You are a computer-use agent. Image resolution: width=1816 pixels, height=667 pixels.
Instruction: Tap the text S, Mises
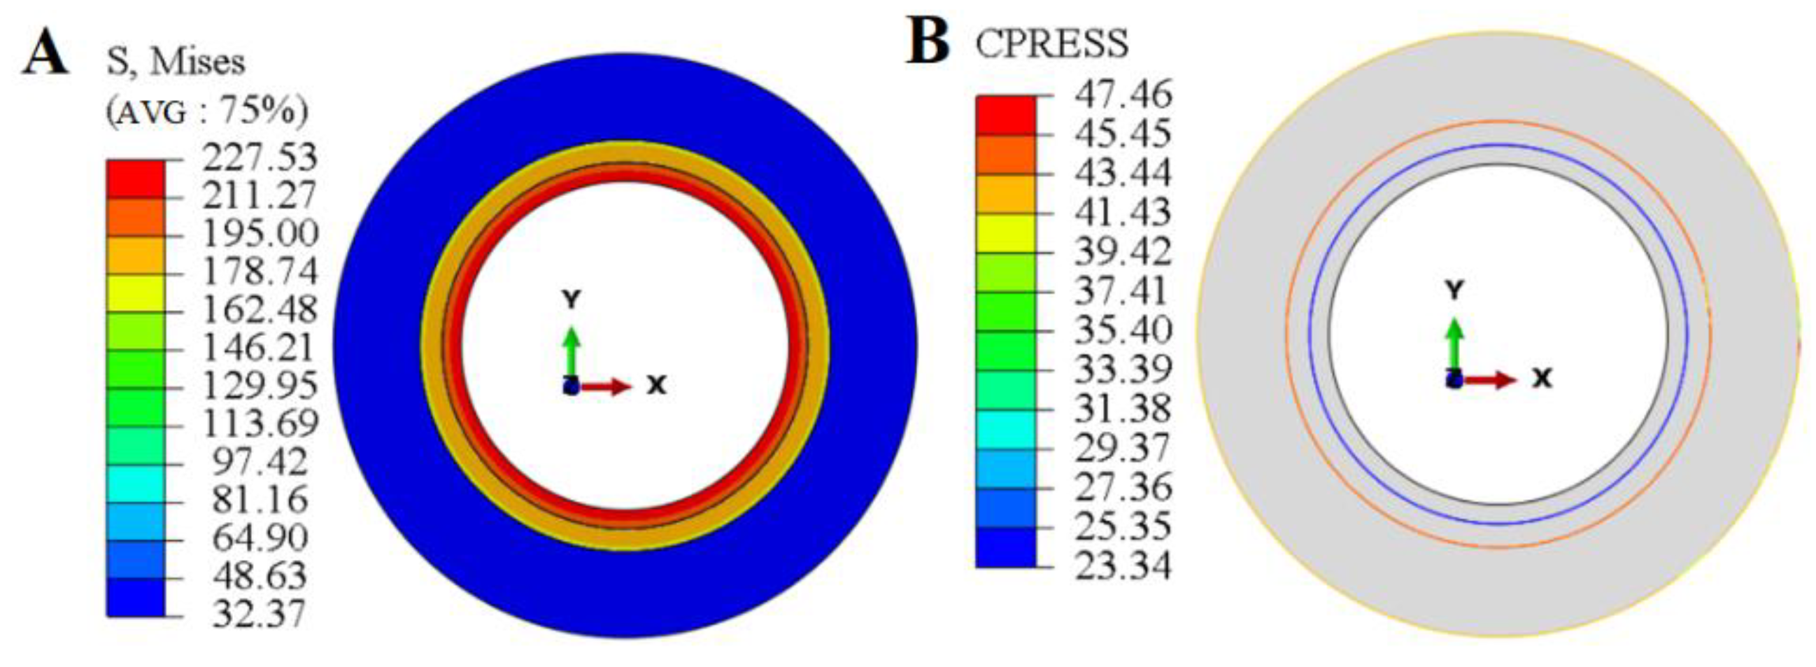coord(175,63)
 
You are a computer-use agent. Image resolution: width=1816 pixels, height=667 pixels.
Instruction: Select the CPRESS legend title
coord(1051,43)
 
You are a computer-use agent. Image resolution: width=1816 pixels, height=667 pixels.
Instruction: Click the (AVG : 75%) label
coord(207,111)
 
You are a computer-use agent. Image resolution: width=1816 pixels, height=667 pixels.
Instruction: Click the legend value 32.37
coord(260,614)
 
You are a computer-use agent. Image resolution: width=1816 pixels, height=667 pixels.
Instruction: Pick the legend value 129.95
coord(260,386)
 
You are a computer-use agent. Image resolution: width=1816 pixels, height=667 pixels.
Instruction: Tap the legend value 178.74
coord(260,271)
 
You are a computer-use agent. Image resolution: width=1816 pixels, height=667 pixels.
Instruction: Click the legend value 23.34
coord(1122,566)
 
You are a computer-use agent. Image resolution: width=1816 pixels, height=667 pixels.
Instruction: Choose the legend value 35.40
coord(1122,330)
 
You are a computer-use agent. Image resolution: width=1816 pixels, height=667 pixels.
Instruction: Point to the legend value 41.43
coord(1122,211)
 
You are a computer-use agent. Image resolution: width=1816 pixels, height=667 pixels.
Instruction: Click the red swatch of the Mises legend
coord(135,179)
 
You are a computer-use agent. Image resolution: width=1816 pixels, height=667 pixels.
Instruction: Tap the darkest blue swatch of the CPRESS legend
coord(1006,547)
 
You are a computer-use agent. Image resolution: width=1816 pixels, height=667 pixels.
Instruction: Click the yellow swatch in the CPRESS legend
coord(1006,232)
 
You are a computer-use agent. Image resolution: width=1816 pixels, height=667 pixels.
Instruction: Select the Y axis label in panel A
coord(571,300)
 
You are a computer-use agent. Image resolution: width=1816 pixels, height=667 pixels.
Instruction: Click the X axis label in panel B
coord(1543,379)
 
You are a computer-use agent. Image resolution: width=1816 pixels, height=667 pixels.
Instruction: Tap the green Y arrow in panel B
coord(1454,346)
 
